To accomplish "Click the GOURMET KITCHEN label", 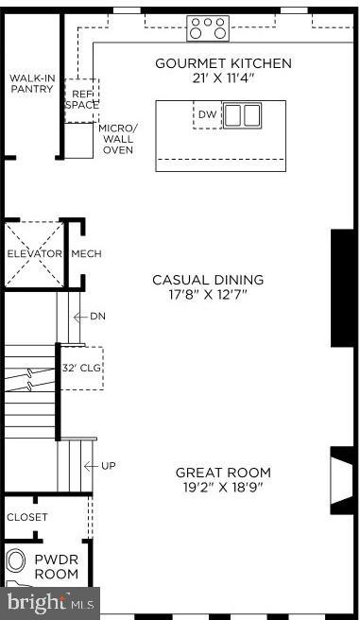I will coord(223,63).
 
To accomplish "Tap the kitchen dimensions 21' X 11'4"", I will coord(223,78).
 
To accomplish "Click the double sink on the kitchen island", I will coord(243,115).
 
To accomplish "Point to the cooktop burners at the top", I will coord(208,27).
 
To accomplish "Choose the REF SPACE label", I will coord(80,99).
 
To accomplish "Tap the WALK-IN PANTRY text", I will coord(31,83).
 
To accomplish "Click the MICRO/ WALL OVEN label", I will coord(118,138).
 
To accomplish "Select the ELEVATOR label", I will coord(34,254).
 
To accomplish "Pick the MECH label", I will coord(86,254).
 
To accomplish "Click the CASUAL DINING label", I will coord(209,280).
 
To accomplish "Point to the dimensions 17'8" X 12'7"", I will coord(209,295).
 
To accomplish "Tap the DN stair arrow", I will coord(93,316).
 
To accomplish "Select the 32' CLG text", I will coord(81,369).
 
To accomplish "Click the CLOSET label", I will coord(26,518).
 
